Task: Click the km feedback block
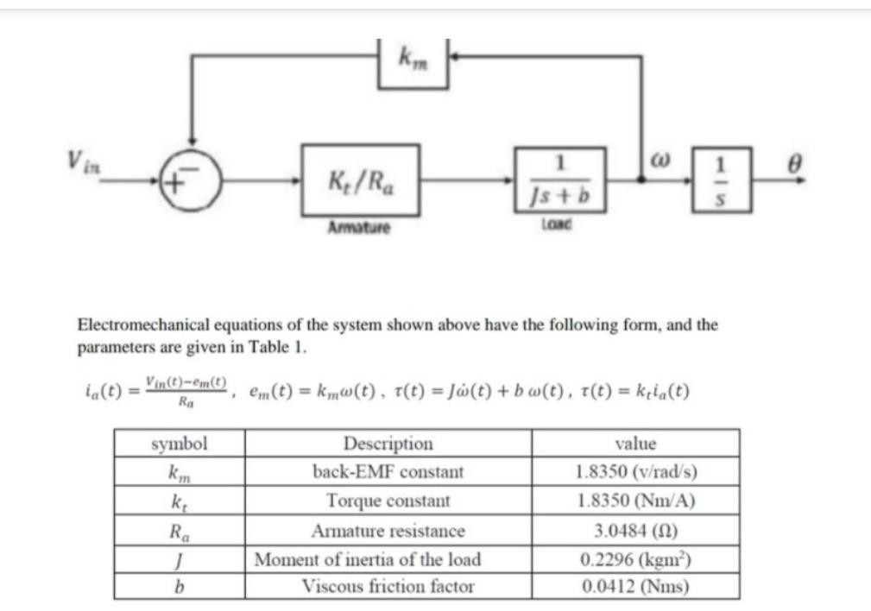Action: [x=413, y=62]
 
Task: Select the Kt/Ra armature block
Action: [x=361, y=180]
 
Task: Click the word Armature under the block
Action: [x=358, y=229]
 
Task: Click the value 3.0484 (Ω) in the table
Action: [x=635, y=530]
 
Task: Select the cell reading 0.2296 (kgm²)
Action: [x=635, y=558]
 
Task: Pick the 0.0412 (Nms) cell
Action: [x=635, y=587]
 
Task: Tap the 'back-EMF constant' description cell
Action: [x=388, y=472]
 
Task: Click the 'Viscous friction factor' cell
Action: [x=388, y=587]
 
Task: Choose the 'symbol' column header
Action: [x=180, y=444]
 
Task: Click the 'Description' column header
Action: [x=388, y=444]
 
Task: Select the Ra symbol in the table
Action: [x=180, y=530]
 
